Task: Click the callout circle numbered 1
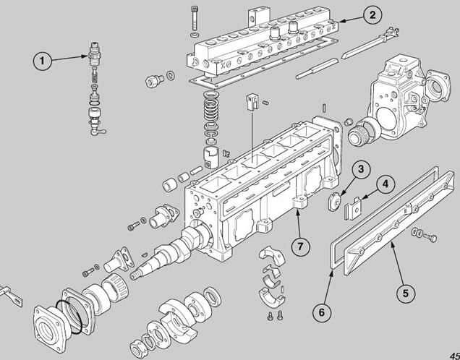(42, 61)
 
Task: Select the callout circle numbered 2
(372, 15)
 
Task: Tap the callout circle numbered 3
(360, 169)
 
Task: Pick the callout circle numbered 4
(386, 184)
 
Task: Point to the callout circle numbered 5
(406, 293)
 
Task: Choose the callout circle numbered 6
(322, 312)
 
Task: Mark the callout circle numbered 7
(300, 247)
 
